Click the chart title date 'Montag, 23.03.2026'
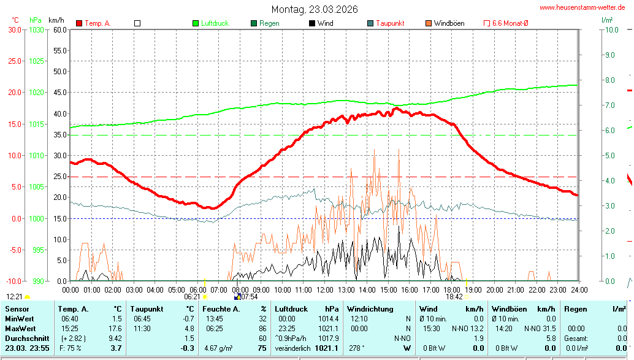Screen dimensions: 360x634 315,9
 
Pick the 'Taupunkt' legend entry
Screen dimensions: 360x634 389,23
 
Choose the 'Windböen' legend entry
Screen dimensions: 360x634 449,23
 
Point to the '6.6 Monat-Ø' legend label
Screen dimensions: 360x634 510,23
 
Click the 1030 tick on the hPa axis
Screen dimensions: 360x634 36,29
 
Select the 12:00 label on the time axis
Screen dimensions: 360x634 325,289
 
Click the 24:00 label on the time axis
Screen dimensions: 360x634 579,289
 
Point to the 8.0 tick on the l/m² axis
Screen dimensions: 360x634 610,80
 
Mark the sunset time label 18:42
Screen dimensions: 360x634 454,296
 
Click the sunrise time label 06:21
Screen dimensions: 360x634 193,296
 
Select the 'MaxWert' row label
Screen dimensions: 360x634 20,328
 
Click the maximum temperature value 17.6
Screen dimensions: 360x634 115,328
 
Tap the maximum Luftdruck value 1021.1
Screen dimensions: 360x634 329,328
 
